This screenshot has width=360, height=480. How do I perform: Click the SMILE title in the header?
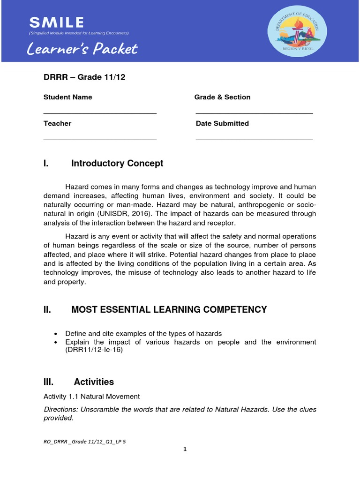coord(57,22)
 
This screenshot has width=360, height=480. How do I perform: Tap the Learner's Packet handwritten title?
coord(82,49)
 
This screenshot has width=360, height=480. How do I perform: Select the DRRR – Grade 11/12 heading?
coord(84,77)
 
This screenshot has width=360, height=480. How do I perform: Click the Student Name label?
coord(67,97)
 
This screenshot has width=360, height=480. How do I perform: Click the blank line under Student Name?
coord(100,113)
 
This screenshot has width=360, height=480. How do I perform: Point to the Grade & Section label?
coord(222,97)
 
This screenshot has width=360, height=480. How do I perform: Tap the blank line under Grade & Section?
coord(254,113)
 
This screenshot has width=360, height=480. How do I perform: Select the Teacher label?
coord(57,123)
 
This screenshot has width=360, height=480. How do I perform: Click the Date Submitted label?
coord(222,123)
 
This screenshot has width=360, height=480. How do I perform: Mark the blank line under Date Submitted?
coord(254,140)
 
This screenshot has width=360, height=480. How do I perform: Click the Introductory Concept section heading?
coord(117,164)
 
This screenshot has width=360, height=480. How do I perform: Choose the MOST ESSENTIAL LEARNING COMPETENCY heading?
coord(169,309)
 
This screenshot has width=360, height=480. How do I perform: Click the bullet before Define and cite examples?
coord(56,334)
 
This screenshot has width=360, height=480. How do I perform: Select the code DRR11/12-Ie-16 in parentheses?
coord(94,351)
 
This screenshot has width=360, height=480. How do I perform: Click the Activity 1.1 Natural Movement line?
coord(91,397)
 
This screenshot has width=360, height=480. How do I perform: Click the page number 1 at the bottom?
coord(185,449)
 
